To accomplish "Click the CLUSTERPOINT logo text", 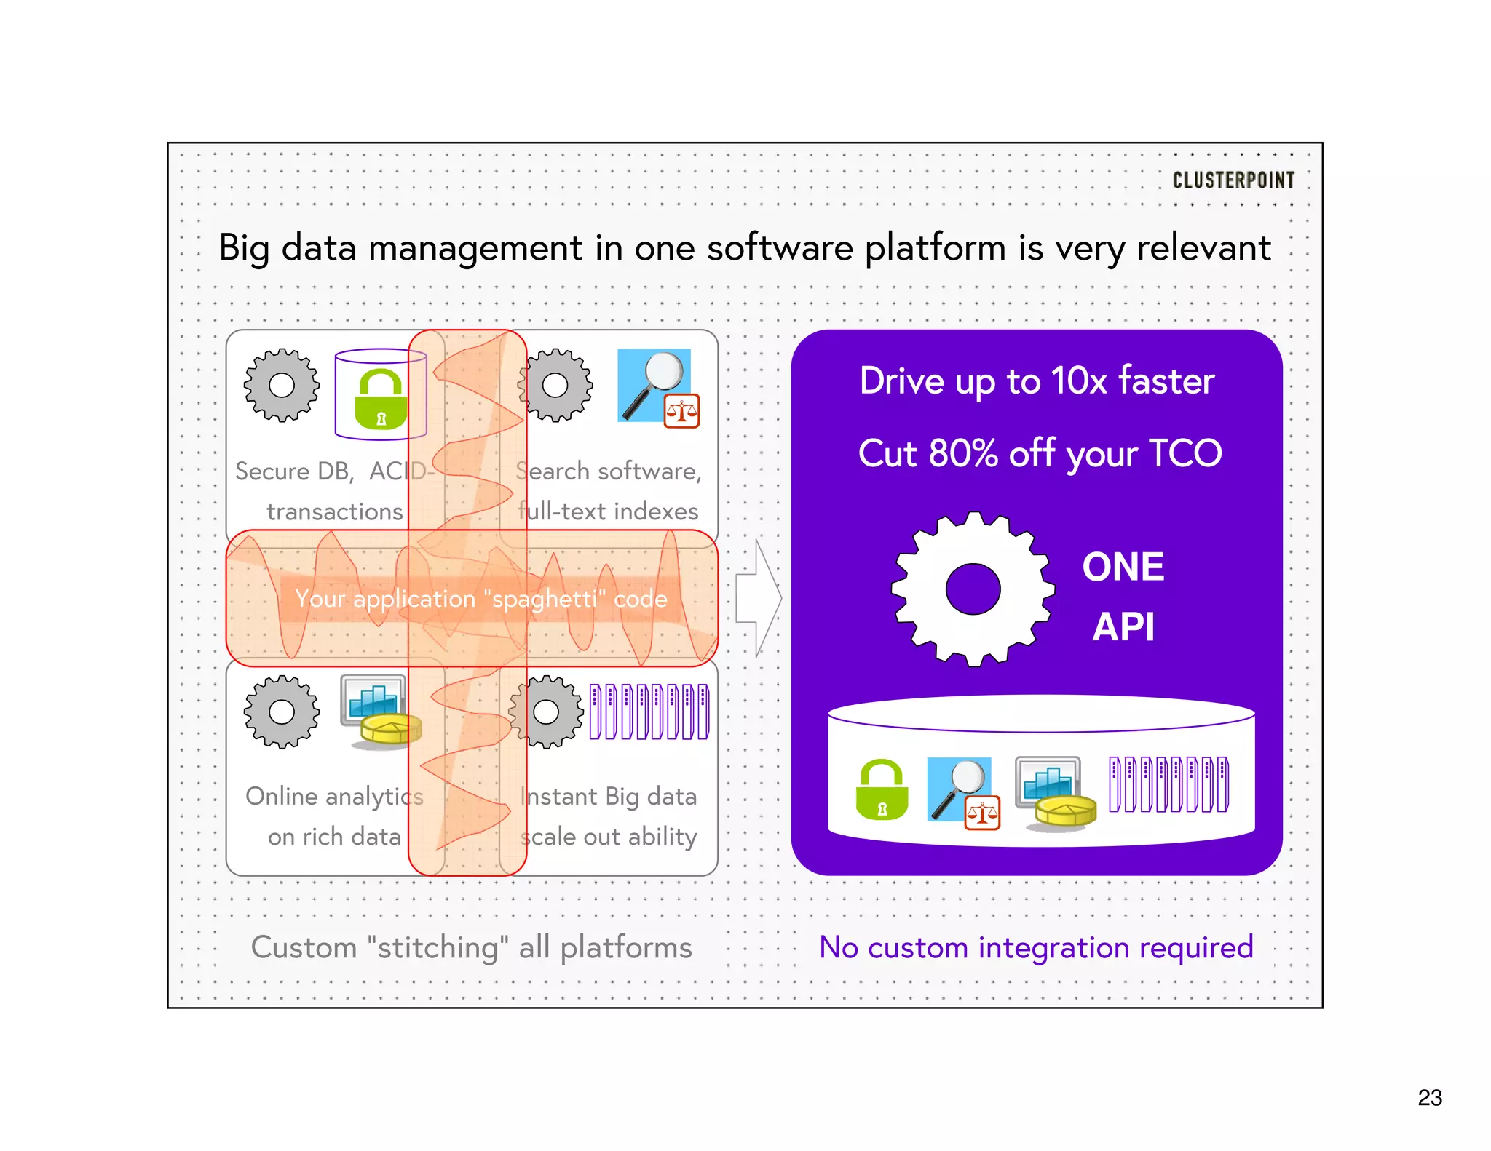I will (1233, 180).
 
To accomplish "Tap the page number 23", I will (1429, 1097).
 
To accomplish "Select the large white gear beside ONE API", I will (973, 589).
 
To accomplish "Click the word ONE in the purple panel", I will (1123, 567).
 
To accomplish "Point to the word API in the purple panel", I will (1123, 626).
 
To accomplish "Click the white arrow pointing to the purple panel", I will (759, 598).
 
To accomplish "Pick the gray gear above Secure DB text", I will (282, 385).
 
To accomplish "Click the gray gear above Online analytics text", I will (282, 712).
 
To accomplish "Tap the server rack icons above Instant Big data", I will (649, 712).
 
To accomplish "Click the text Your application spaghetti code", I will (480, 599).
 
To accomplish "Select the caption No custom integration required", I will (1036, 947).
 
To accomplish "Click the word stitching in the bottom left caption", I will (438, 947).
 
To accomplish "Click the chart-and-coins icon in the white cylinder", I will (1055, 792).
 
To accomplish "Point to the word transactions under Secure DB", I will (334, 511).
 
